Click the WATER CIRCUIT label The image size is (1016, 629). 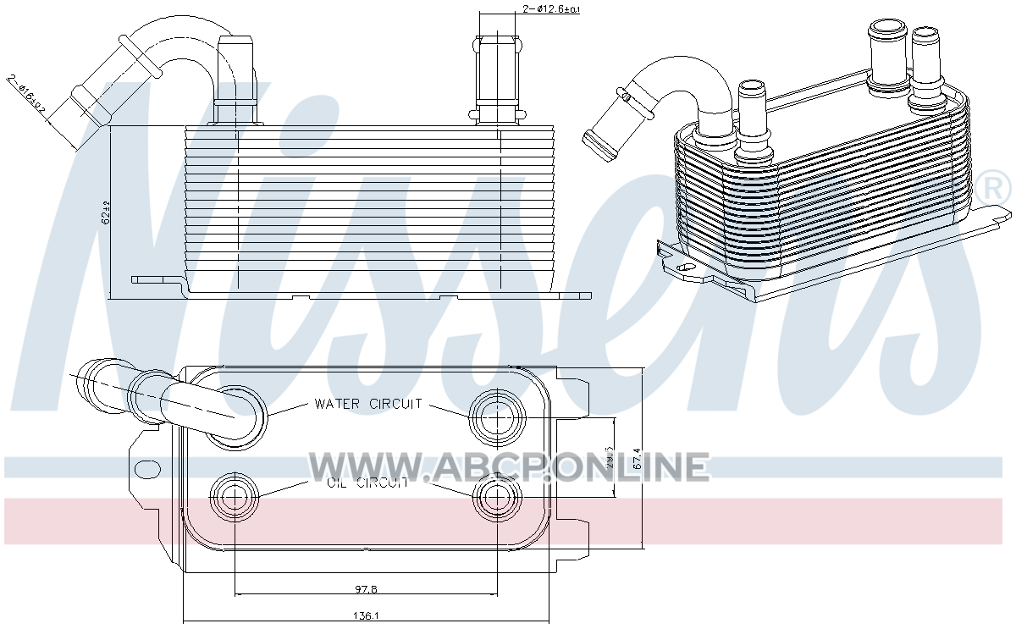(x=367, y=405)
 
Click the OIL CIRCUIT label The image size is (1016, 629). (x=367, y=483)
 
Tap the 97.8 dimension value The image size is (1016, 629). (x=366, y=588)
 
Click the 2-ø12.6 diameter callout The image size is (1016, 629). (x=551, y=9)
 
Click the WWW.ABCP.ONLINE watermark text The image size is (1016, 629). (x=508, y=466)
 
